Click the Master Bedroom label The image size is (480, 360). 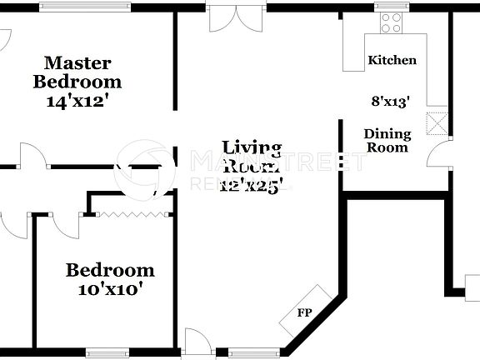pyautogui.click(x=77, y=72)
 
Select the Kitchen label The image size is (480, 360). pyautogui.click(x=392, y=61)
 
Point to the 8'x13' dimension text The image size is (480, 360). pyautogui.click(x=391, y=102)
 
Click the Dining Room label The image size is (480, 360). pyautogui.click(x=387, y=140)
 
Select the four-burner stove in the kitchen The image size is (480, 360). pyautogui.click(x=390, y=23)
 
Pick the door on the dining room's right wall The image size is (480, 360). pyautogui.click(x=437, y=152)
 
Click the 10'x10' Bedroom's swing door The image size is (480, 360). pyautogui.click(x=65, y=220)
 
